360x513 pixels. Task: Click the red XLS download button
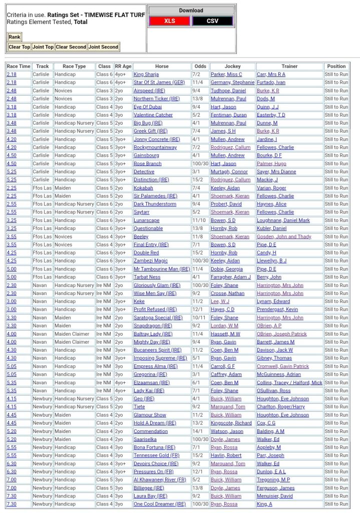pos(169,21)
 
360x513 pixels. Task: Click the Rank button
pos(15,37)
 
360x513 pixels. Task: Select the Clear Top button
pos(19,47)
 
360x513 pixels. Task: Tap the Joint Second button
pos(104,47)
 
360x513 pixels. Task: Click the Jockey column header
pos(232,66)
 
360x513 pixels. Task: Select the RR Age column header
pos(123,66)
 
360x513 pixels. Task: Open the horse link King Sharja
pos(146,74)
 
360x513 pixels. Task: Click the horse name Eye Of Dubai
pos(148,107)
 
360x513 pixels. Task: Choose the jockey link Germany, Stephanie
pos(232,82)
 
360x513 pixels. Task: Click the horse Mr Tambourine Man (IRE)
pos(162,269)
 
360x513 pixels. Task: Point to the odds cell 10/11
pos(200,318)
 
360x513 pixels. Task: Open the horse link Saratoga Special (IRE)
pos(158,318)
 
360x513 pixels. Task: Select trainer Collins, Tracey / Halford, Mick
pos(289,382)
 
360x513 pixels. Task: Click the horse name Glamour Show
pos(150,415)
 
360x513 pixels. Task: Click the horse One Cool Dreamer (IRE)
pos(159,504)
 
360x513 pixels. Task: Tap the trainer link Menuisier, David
pos(275,496)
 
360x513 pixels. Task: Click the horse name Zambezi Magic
pos(150,261)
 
